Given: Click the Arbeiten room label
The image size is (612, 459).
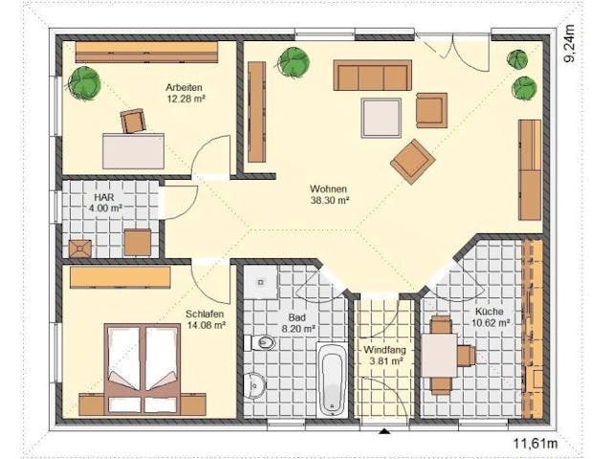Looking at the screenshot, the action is (184, 87).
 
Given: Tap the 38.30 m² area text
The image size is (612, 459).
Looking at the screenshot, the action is (329, 201).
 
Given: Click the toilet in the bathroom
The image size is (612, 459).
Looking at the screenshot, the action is (260, 343).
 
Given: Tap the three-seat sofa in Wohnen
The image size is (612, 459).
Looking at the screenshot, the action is (372, 75).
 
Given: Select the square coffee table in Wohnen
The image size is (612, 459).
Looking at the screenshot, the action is (382, 118).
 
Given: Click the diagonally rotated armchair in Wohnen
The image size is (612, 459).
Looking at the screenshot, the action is (413, 161).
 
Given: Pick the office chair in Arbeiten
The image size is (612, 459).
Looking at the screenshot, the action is (133, 120).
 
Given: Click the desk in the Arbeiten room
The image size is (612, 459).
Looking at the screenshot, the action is (133, 151).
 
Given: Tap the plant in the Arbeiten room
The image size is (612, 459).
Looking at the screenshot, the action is (84, 83).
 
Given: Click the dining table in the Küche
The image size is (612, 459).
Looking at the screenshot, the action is (440, 355).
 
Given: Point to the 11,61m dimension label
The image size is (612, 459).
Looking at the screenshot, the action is (535, 443).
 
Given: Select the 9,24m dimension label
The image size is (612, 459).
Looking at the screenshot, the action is (570, 43).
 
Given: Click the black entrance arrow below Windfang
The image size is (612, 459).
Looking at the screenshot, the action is (384, 431).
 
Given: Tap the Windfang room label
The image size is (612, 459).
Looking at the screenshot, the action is (384, 350).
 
